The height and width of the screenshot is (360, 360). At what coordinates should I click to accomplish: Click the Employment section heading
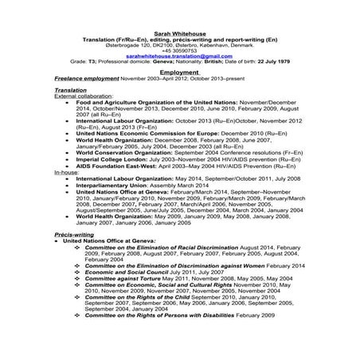(x=179, y=72)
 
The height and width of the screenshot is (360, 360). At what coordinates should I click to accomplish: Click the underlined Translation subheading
(x=71, y=91)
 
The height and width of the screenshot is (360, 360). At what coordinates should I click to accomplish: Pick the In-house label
(x=66, y=194)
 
